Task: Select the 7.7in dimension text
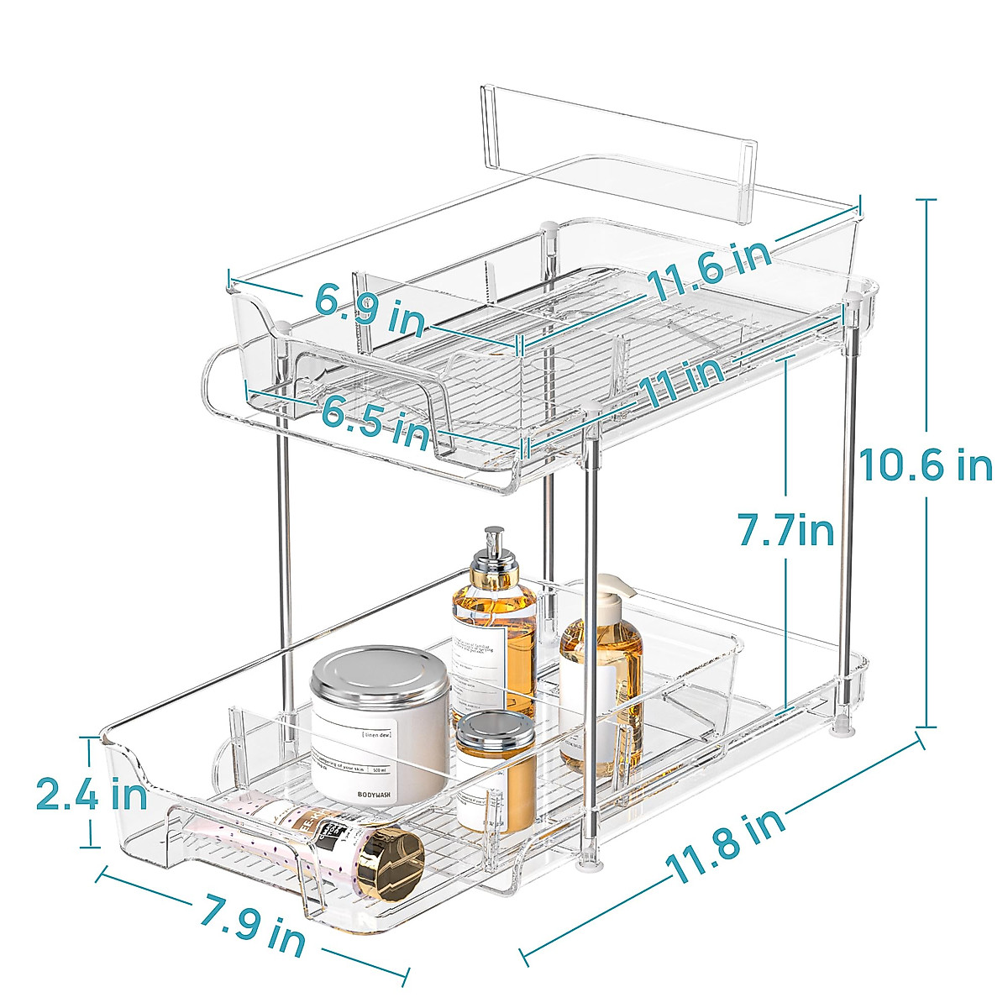[785, 532]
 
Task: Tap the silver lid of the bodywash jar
[381, 676]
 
